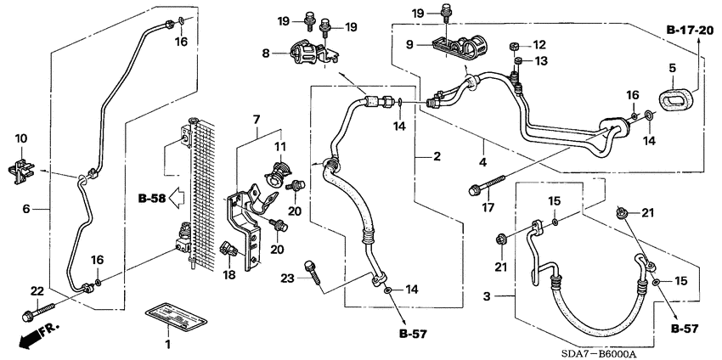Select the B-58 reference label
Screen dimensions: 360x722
[153, 200]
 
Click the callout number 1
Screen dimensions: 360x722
[167, 344]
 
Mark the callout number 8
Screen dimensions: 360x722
[266, 52]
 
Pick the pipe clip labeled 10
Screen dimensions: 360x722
[24, 168]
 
